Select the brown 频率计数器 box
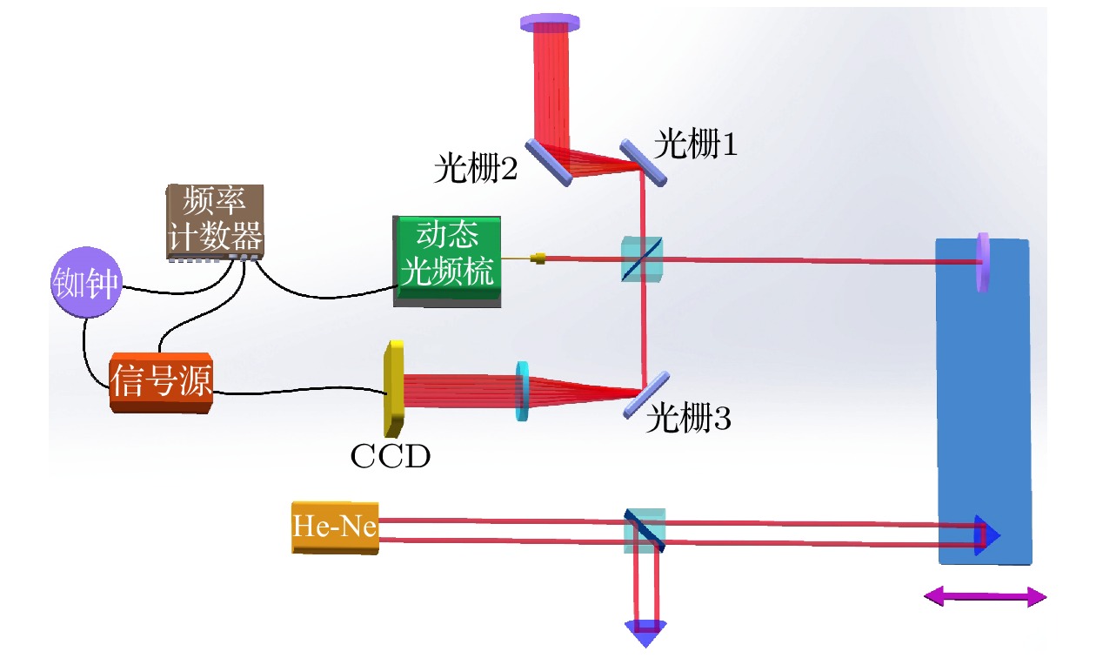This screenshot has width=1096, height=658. click(216, 221)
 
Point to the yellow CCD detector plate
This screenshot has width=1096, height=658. click(394, 388)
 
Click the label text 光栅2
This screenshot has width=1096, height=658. click(476, 168)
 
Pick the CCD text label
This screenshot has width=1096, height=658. click(391, 456)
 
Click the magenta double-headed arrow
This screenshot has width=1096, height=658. click(985, 596)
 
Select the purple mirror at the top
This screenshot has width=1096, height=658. click(551, 22)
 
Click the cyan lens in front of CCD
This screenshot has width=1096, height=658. click(523, 392)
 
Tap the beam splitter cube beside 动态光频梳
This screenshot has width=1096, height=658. click(643, 259)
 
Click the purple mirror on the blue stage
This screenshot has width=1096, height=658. click(983, 261)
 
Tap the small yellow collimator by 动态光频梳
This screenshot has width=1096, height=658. click(539, 258)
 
